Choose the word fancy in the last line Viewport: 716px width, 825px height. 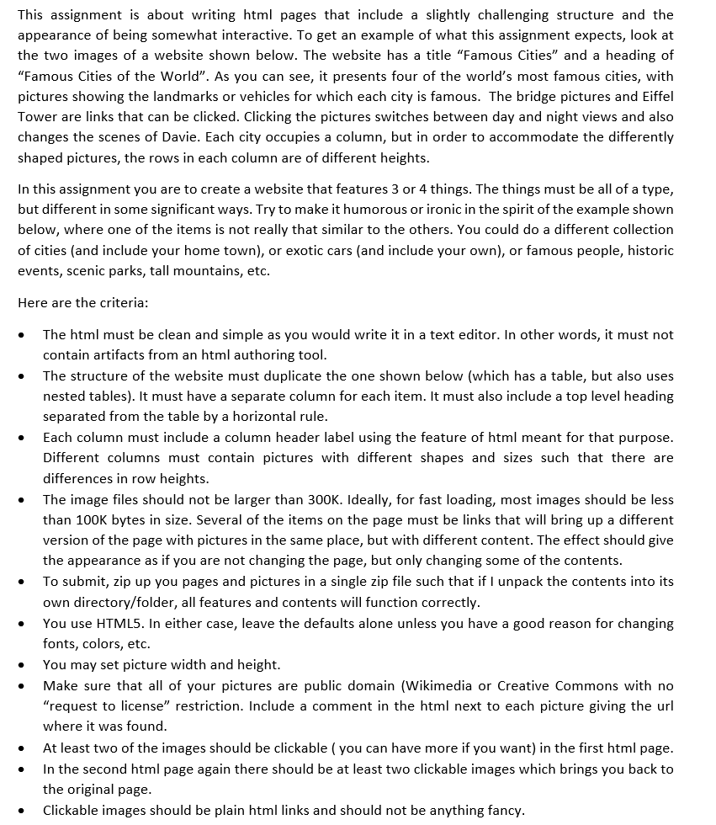[503, 810]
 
